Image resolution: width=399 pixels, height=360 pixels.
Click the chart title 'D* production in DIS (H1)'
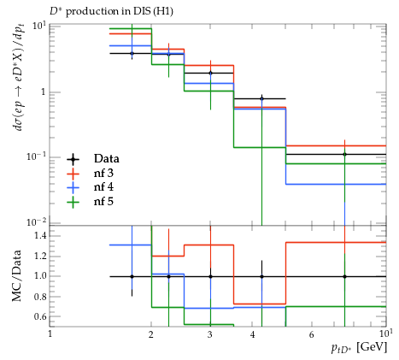111,11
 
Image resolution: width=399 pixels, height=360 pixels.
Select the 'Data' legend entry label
107,158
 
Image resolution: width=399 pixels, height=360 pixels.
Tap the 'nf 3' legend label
103,173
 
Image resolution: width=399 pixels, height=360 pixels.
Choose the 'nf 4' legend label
103,187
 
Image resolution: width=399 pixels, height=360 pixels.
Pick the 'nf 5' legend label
103,201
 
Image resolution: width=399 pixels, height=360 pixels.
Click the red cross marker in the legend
73,173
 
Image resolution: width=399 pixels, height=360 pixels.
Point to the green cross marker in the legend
73,202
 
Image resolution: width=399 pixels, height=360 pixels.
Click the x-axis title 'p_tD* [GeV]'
359,348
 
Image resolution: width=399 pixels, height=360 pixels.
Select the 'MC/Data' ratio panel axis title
16,275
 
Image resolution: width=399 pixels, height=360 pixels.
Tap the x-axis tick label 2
151,334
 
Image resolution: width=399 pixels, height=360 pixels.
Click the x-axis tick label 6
311,334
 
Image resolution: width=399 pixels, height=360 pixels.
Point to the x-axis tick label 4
252,334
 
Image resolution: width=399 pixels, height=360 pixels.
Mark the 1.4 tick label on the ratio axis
40,235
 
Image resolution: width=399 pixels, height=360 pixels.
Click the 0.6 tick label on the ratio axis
40,316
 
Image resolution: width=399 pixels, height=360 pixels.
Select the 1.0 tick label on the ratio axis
40,276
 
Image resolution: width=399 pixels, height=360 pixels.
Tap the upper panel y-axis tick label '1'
44,91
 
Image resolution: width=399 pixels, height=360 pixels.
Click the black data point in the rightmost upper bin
344,154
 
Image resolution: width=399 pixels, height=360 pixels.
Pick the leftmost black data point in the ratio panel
132,276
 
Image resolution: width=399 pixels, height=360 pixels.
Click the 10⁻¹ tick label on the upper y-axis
37,156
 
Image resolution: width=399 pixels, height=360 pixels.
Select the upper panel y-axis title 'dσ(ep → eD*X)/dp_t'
19,80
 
